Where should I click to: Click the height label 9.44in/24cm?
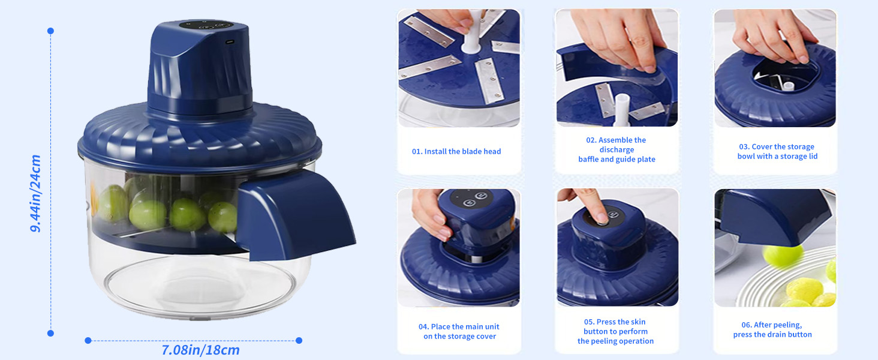click(x=35, y=193)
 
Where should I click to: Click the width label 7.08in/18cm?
click(x=200, y=350)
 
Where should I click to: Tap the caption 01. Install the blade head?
click(x=456, y=151)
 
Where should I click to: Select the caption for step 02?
click(x=617, y=149)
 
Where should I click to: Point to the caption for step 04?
click(x=459, y=331)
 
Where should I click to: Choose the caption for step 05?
click(x=615, y=331)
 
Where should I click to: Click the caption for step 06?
click(x=772, y=329)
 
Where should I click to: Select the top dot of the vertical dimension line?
click(x=50, y=31)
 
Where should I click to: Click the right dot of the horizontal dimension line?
click(x=299, y=340)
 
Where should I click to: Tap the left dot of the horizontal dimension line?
click(x=88, y=340)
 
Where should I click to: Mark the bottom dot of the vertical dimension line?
click(x=50, y=333)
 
